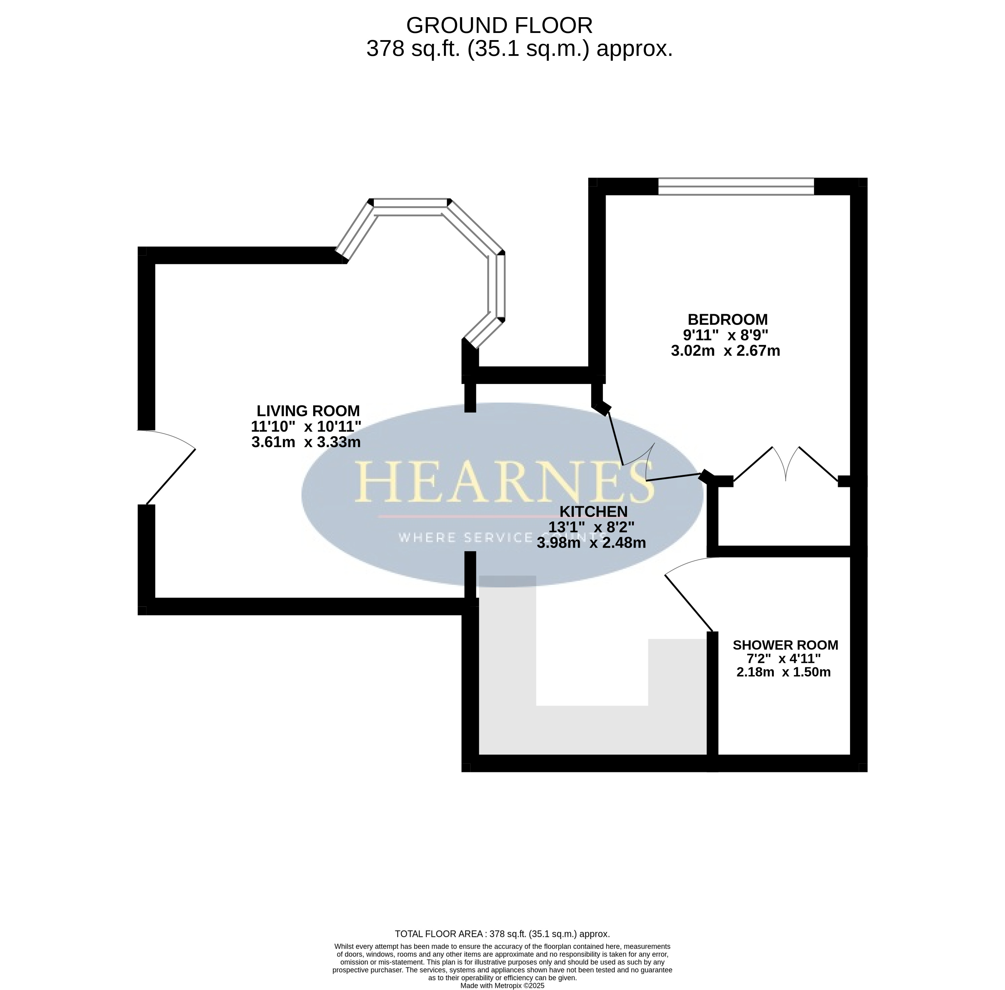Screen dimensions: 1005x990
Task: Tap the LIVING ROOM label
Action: (x=308, y=411)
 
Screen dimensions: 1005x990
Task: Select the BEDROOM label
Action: (x=727, y=319)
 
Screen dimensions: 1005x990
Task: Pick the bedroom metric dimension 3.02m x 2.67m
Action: (x=725, y=350)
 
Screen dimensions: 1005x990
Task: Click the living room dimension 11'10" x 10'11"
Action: (x=306, y=426)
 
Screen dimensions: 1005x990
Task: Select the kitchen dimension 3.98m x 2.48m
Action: (x=591, y=543)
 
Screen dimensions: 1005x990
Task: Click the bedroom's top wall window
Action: (x=736, y=186)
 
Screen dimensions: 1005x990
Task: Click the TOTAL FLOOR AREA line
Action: (x=502, y=933)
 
